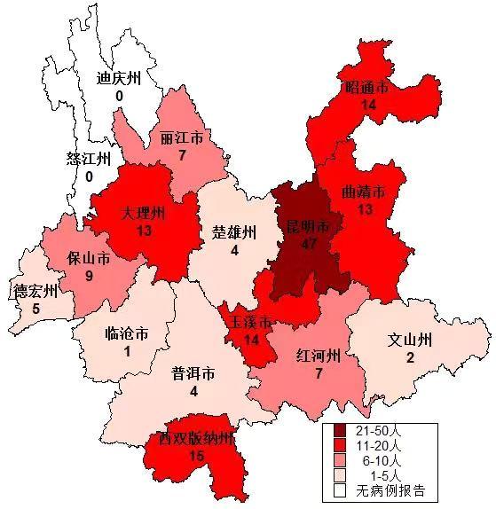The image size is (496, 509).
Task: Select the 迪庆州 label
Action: (x=119, y=78)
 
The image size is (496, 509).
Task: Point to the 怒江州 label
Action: (x=89, y=160)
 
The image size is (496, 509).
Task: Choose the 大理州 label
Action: (x=144, y=215)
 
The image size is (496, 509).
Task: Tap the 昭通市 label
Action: (x=366, y=89)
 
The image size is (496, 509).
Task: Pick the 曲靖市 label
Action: (x=364, y=192)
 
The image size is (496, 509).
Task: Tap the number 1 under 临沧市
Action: (x=127, y=350)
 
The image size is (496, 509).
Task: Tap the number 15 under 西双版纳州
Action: (x=197, y=455)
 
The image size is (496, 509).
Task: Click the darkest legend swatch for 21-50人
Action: (x=340, y=431)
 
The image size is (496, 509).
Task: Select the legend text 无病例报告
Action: (x=390, y=490)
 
